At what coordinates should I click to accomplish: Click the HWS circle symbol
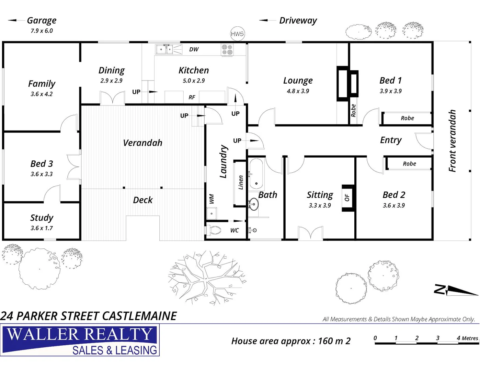pyautogui.click(x=237, y=34)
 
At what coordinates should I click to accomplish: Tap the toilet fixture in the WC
pyautogui.click(x=215, y=230)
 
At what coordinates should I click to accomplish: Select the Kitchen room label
pyautogui.click(x=194, y=70)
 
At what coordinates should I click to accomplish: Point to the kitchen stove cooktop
pyautogui.click(x=227, y=50)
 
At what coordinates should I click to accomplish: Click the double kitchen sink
pyautogui.click(x=164, y=49)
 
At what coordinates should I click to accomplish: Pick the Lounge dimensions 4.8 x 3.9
pyautogui.click(x=298, y=91)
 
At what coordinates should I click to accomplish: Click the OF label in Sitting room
pyautogui.click(x=347, y=198)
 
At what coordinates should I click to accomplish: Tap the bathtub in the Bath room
pyautogui.click(x=256, y=174)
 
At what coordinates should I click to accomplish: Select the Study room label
pyautogui.click(x=42, y=218)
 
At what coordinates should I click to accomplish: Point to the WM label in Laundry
pyautogui.click(x=212, y=199)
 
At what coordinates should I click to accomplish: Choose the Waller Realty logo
pyautogui.click(x=80, y=341)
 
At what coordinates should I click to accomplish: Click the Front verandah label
pyautogui.click(x=453, y=140)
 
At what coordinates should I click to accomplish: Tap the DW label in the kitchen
pyautogui.click(x=194, y=49)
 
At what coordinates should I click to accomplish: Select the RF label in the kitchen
pyautogui.click(x=192, y=97)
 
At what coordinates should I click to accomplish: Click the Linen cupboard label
pyautogui.click(x=241, y=182)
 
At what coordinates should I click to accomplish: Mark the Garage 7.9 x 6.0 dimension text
pyautogui.click(x=42, y=31)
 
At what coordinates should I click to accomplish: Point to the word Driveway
pyautogui.click(x=298, y=21)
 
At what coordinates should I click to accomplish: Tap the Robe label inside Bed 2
pyautogui.click(x=409, y=164)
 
